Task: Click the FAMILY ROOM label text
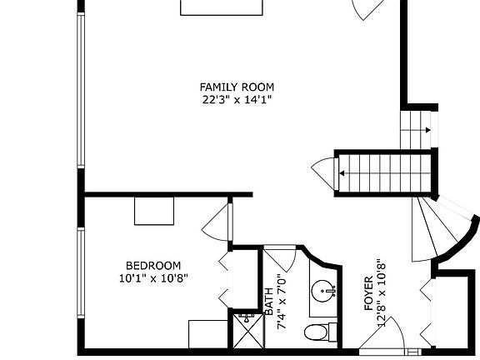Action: (237, 87)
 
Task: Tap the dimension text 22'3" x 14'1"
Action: (237, 100)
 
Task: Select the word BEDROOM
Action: (152, 266)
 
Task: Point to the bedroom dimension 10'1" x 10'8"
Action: (152, 279)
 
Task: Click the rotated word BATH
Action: (269, 300)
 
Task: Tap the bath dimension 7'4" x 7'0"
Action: (282, 297)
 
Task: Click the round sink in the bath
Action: (322, 292)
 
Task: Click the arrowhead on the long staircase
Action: (342, 173)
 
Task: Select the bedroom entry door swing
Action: (216, 222)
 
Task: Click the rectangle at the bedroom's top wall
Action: (153, 210)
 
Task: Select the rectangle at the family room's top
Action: (223, 7)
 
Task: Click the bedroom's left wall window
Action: (81, 276)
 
